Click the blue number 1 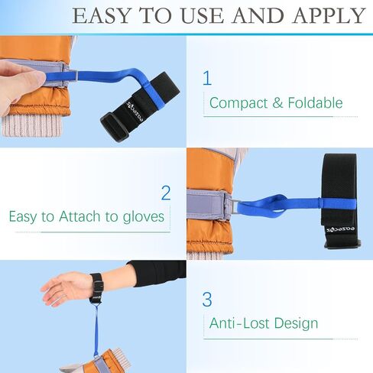tap(206, 78)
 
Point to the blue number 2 tap(166, 193)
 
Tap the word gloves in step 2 tap(141, 216)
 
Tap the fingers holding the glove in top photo tap(18, 76)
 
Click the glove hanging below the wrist tap(107, 361)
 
